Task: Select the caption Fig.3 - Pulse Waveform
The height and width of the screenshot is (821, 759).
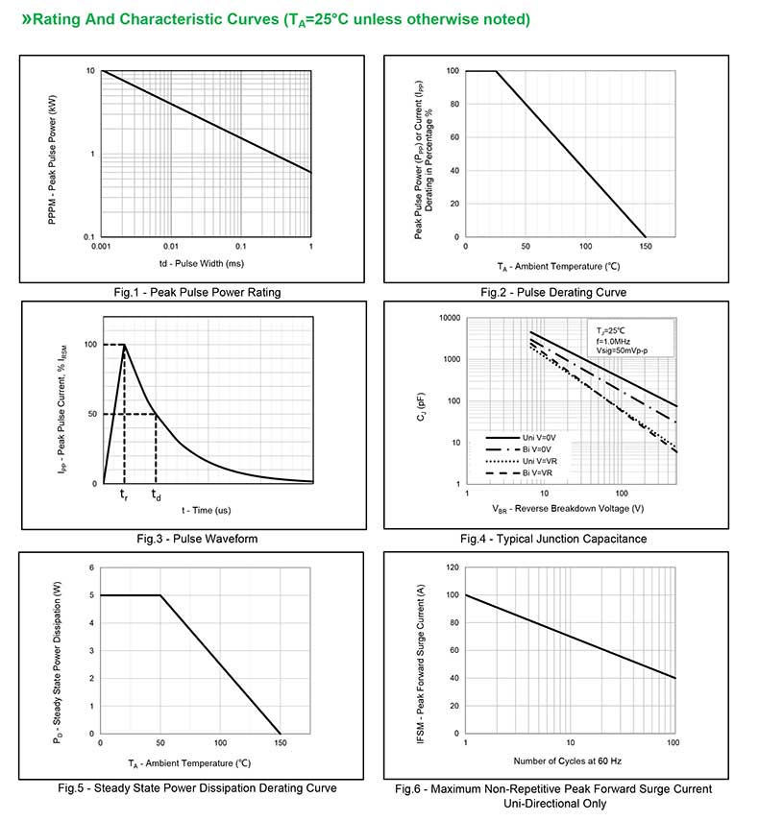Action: pyautogui.click(x=197, y=539)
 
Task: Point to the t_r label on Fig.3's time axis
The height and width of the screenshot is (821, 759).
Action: pyautogui.click(x=124, y=495)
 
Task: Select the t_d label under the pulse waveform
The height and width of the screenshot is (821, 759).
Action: pyautogui.click(x=156, y=495)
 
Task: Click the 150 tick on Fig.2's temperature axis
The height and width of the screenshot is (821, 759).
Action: pyautogui.click(x=646, y=247)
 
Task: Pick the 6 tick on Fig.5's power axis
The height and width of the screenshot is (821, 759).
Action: pyautogui.click(x=91, y=567)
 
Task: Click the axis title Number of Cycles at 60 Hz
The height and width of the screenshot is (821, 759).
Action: pyautogui.click(x=568, y=761)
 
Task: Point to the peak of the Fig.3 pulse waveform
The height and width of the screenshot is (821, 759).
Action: pyautogui.click(x=124, y=345)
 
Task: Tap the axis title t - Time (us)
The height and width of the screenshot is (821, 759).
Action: pyautogui.click(x=207, y=510)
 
